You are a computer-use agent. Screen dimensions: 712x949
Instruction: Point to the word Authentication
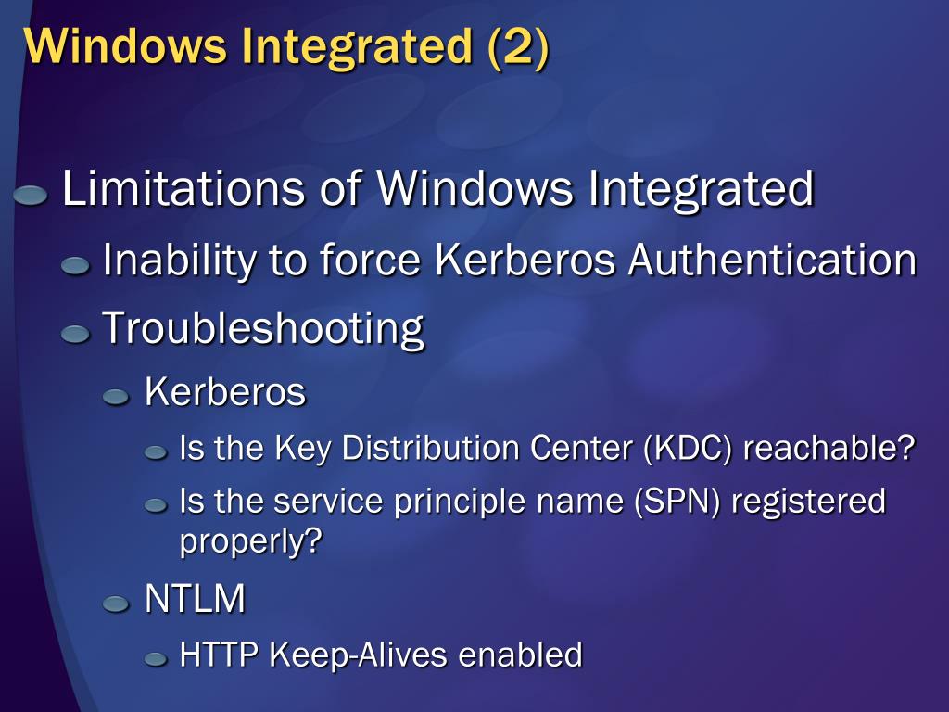click(773, 260)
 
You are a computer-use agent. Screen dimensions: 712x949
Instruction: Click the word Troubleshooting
click(262, 328)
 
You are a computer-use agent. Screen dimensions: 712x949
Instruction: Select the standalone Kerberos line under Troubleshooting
click(225, 392)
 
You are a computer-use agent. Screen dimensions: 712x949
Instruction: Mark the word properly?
click(249, 542)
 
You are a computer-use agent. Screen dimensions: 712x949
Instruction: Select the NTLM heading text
click(195, 600)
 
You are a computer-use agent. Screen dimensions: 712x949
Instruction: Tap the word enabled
click(521, 655)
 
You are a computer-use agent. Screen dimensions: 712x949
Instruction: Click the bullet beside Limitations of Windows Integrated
click(32, 195)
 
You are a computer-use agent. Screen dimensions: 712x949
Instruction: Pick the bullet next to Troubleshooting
click(75, 334)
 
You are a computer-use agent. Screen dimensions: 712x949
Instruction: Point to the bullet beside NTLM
click(116, 604)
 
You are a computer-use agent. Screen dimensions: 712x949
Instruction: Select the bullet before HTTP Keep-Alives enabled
click(155, 659)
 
